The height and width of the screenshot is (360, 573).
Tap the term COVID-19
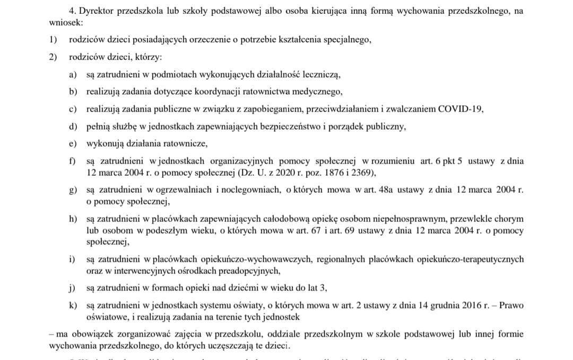pyautogui.click(x=461, y=109)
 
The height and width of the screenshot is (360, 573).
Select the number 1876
pyautogui.click(x=324, y=172)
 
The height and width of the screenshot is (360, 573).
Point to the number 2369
pyautogui.click(x=363, y=172)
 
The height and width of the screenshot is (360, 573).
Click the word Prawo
pyautogui.click(x=511, y=305)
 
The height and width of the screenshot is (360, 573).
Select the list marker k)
pyautogui.click(x=73, y=305)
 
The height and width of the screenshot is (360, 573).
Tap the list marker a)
pyautogui.click(x=73, y=74)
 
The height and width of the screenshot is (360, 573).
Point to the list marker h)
pyautogui.click(x=73, y=219)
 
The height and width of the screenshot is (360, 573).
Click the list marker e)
pyautogui.click(x=73, y=144)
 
